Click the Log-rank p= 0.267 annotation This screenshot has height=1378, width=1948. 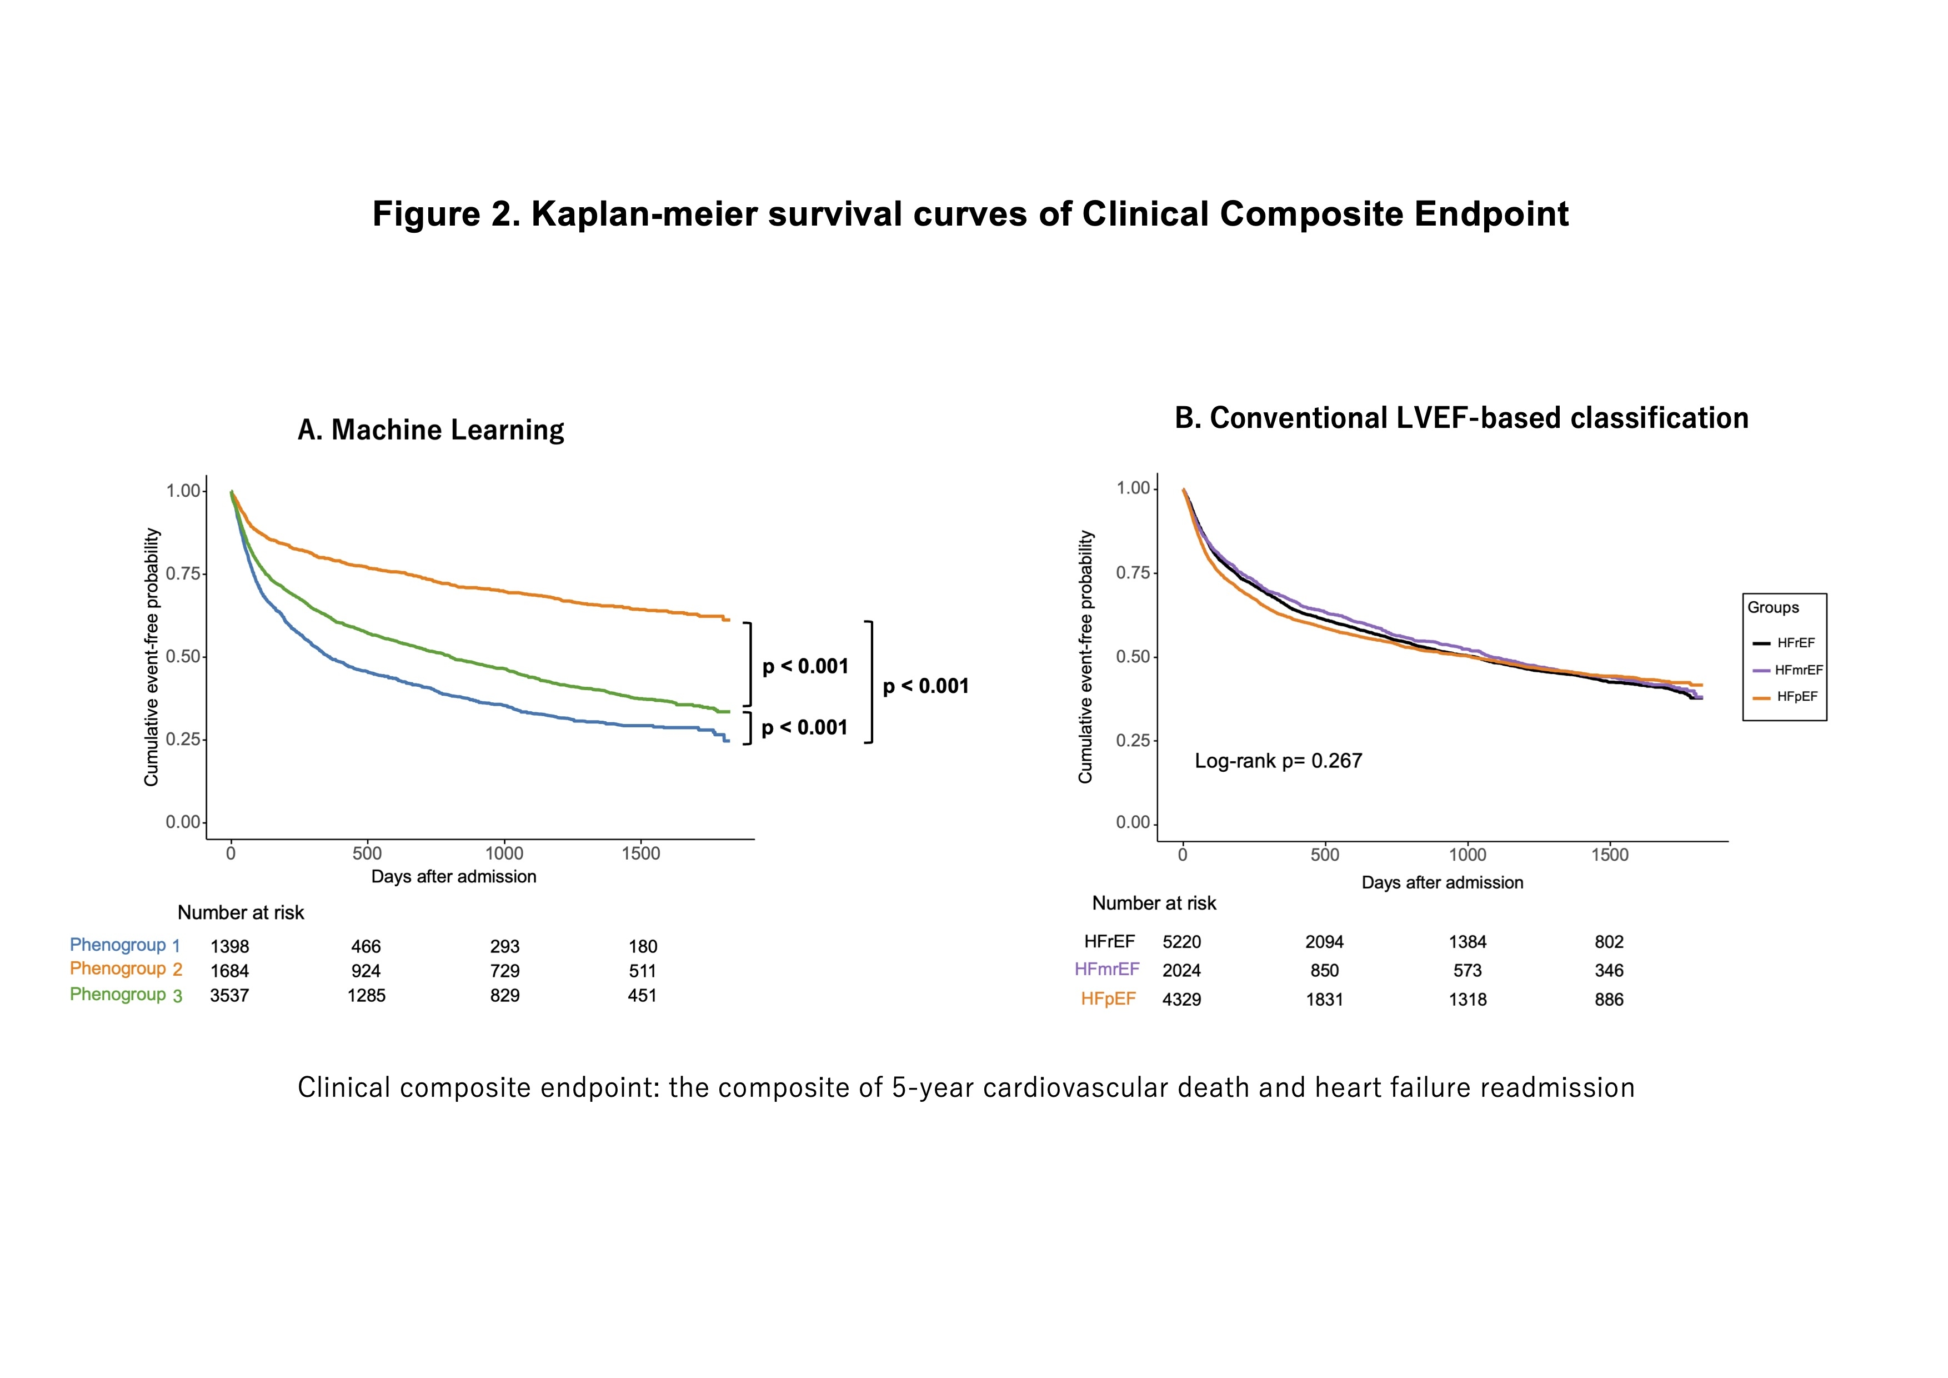coord(1278,761)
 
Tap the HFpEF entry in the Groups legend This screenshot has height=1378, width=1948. coord(1796,697)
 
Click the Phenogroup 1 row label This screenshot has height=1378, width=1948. coord(125,945)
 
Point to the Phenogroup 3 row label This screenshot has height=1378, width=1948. coord(126,995)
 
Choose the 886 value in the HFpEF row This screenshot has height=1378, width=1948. coord(1609,1000)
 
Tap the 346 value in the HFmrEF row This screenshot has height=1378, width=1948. coord(1609,971)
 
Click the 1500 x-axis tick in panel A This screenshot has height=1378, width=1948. coord(640,853)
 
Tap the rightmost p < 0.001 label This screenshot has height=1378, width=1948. coord(925,686)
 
